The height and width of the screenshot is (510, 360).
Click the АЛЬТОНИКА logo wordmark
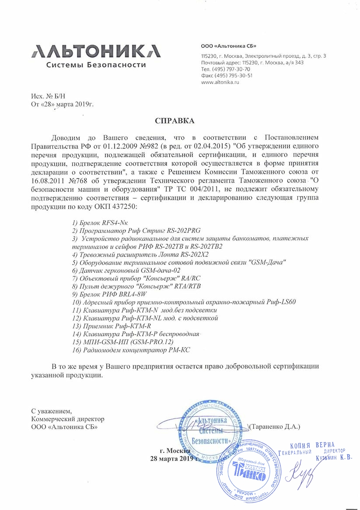[95, 51]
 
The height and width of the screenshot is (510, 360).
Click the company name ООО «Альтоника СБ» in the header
[228, 46]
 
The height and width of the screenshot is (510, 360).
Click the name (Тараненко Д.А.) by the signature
[274, 426]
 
